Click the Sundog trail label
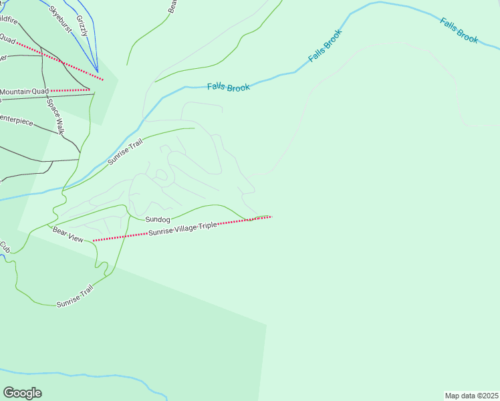(x=158, y=219)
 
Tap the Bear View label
(x=68, y=234)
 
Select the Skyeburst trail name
(x=60, y=20)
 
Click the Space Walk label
(x=55, y=116)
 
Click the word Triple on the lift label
(x=208, y=227)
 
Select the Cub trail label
(x=5, y=247)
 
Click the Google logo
(x=22, y=393)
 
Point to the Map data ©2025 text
(x=471, y=396)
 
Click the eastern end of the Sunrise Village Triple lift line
(x=271, y=217)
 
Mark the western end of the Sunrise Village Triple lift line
(x=94, y=240)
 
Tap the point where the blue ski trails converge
(x=98, y=72)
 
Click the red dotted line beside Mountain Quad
(x=70, y=90)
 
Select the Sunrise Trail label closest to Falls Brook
(x=126, y=154)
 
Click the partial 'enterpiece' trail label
(x=16, y=121)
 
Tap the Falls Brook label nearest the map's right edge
(x=459, y=30)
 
